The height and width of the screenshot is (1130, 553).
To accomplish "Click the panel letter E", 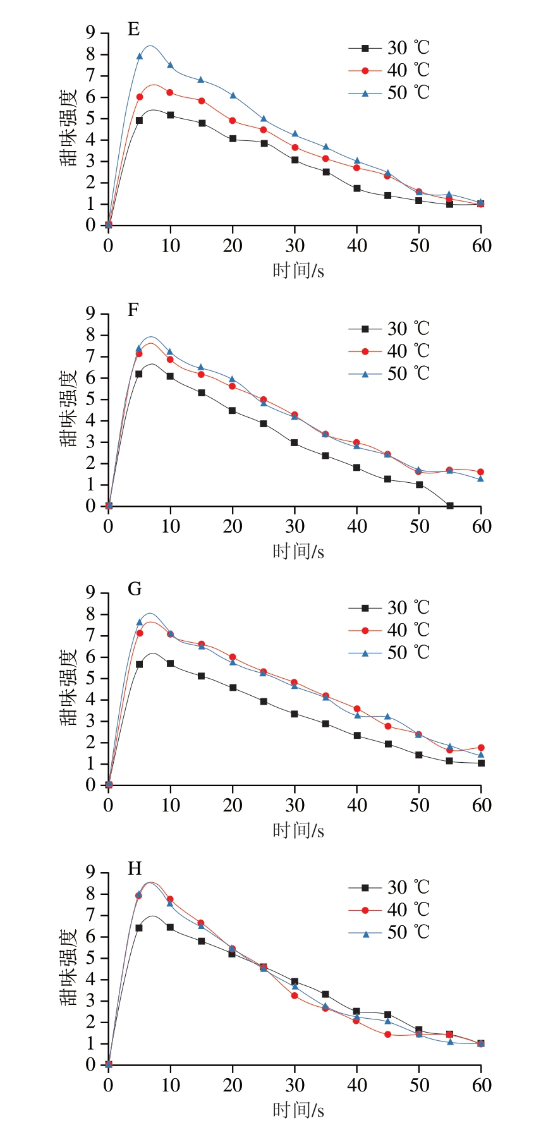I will pos(133,30).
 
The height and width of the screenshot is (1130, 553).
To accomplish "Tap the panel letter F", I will pos(133,310).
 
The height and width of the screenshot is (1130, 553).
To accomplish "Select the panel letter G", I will pos(134,589).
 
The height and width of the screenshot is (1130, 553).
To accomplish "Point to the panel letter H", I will pos(135,868).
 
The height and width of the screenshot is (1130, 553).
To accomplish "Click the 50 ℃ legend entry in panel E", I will pos(389,93).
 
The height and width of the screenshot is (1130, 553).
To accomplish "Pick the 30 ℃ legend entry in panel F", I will pos(389,329).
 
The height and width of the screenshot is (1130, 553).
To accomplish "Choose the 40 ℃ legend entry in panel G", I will pos(389,630).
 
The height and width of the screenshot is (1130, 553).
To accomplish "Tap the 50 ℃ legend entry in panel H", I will pos(389,932).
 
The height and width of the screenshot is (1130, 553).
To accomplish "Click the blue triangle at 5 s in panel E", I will pos(140,56).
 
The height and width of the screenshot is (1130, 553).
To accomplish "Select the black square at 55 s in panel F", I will pos(450,506).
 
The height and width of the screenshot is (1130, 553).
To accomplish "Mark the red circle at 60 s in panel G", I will pos(481,748).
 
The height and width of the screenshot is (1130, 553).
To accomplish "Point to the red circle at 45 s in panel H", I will pos(387,1035).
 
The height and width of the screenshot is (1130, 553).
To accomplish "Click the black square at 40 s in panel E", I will pos(357,188).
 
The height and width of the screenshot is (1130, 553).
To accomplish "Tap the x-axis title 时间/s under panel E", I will pos(298,271).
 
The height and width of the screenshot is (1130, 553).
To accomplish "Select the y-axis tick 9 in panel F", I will pos(90,313).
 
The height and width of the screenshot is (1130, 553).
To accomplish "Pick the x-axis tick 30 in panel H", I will pos(295,1085).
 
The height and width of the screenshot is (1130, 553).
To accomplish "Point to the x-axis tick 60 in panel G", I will pos(482,805).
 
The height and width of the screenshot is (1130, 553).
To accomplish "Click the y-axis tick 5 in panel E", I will pos(90,119).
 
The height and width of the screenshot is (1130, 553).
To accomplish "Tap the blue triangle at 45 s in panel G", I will pos(387,717).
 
